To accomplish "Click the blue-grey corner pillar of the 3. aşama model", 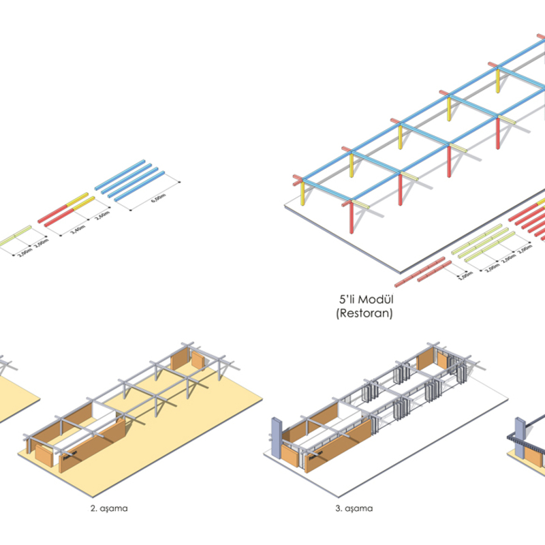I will point(276,436).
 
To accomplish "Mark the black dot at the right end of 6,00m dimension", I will point(178,181).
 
